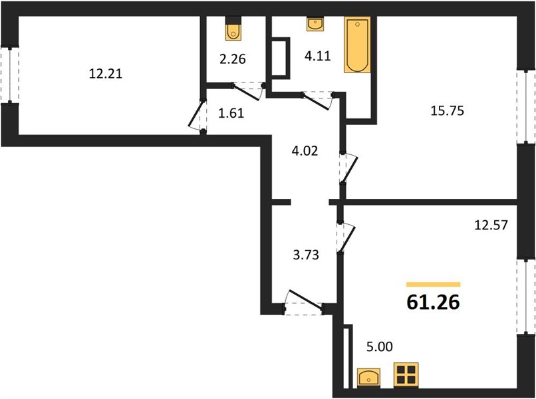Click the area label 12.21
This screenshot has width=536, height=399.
[x=105, y=74]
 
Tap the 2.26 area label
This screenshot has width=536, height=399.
[x=233, y=59]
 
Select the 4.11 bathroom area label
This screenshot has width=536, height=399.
[x=318, y=55]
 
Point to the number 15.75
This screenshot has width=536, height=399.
[x=447, y=111]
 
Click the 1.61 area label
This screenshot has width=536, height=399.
[x=231, y=113]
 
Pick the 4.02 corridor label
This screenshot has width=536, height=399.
[x=305, y=150]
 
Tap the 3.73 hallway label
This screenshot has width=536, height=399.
[x=306, y=255]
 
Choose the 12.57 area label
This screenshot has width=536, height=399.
[x=491, y=225]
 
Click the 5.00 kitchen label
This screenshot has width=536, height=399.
[x=380, y=346]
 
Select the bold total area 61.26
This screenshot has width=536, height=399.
[x=433, y=302]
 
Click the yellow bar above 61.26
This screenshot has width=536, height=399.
[x=433, y=285]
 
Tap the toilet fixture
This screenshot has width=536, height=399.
[x=234, y=29]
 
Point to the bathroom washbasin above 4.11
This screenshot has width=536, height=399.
[x=315, y=25]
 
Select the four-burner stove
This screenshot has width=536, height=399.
[x=406, y=375]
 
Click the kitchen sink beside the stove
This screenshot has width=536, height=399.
[x=368, y=378]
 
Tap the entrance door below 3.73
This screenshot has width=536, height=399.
[x=303, y=302]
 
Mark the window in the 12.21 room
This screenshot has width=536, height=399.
[x=10, y=75]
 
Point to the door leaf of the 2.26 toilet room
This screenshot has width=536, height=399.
[x=247, y=92]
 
